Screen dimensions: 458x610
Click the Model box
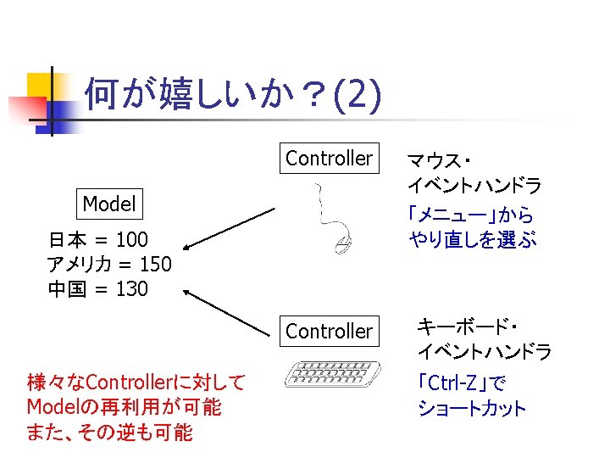tap(109, 204)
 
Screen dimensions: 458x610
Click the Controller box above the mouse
tap(329, 159)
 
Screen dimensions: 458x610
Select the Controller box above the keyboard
tap(329, 332)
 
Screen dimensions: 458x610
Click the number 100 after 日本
tap(131, 238)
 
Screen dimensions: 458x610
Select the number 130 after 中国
tap(131, 289)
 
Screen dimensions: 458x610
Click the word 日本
tap(66, 238)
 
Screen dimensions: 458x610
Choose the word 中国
tap(66, 289)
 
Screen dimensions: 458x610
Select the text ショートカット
tap(472, 409)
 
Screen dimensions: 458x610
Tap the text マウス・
tap(440, 159)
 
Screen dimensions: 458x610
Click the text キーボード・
tap(469, 326)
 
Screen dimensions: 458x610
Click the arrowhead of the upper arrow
tap(188, 247)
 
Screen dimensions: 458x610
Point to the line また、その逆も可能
tap(110, 433)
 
